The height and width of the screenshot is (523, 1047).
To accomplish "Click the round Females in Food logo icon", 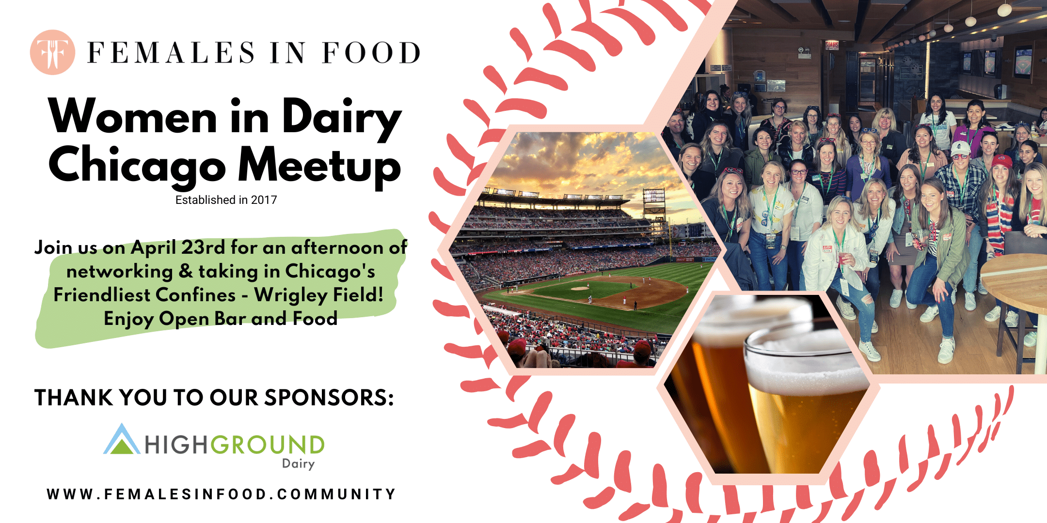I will click(x=52, y=52).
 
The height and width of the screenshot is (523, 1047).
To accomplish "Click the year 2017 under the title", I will click(x=264, y=200).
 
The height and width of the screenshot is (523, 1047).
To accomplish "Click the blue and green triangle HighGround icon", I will click(x=121, y=440).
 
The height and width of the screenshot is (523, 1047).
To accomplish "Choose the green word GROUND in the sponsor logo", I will click(x=267, y=445).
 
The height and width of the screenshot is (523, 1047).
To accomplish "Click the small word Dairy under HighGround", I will click(x=298, y=464).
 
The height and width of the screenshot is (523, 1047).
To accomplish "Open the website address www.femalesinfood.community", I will click(x=222, y=494).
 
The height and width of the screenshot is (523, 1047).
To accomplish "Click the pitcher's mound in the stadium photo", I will click(x=579, y=288).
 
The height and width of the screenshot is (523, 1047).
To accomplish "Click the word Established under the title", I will click(x=205, y=200).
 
